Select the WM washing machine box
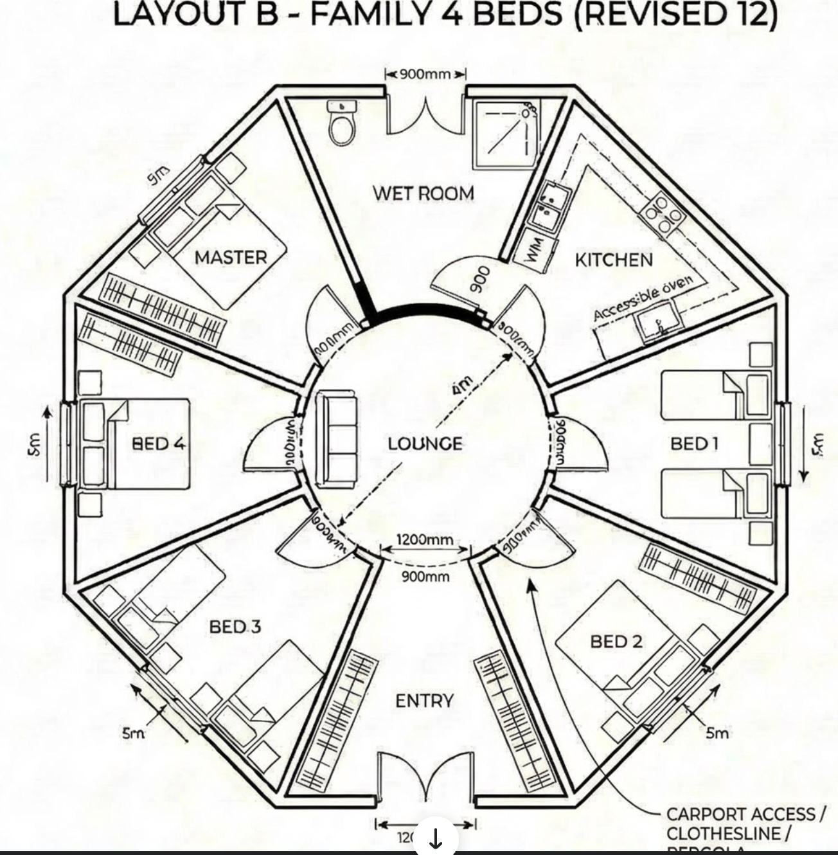536,249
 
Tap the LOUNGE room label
425,444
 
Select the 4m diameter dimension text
462,385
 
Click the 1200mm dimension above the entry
424,539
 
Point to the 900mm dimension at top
425,73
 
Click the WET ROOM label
423,192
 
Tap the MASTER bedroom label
230,257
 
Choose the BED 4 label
159,443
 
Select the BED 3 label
235,626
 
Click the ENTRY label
424,701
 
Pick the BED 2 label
616,641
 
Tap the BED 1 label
694,443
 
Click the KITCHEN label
614,260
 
